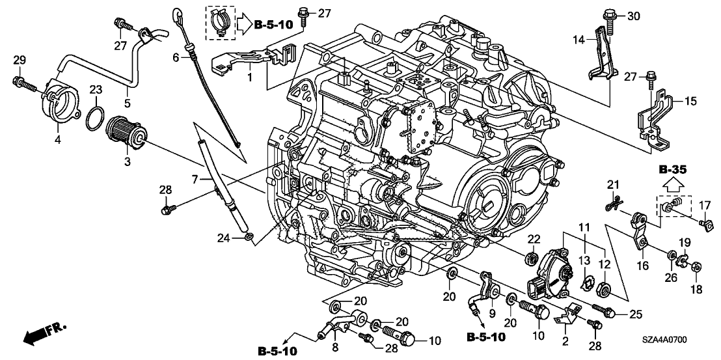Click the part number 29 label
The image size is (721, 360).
tap(20, 61)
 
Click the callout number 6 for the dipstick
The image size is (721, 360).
tap(175, 58)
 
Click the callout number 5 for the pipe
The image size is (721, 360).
tap(128, 102)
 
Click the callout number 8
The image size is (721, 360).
tap(334, 348)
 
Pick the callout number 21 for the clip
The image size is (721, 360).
tap(611, 186)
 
